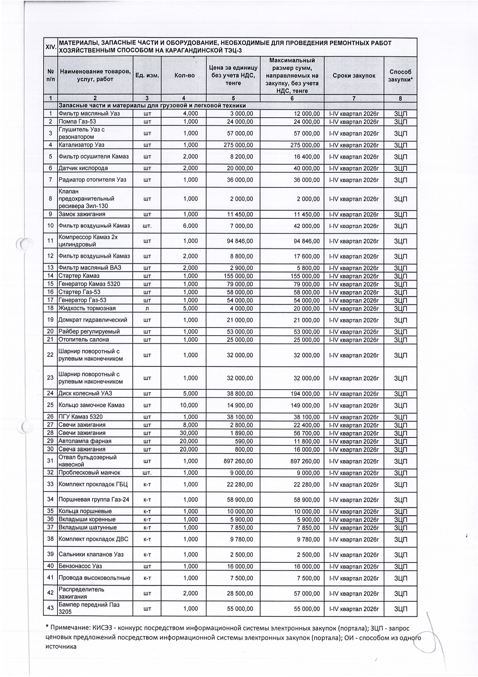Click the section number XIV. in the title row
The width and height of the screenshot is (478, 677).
click(x=50, y=47)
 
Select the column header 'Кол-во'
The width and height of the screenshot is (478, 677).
click(x=184, y=76)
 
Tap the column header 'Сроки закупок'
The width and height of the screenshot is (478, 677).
click(x=354, y=76)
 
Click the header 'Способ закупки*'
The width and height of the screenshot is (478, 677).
click(x=400, y=76)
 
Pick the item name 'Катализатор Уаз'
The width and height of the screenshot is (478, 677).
click(x=81, y=145)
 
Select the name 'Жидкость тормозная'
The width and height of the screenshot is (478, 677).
click(x=87, y=308)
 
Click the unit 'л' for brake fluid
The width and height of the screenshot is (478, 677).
click(x=147, y=308)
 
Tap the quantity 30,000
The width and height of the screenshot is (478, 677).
click(x=189, y=433)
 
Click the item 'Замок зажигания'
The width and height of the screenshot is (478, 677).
click(x=82, y=214)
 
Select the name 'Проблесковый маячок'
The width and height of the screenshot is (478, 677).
click(x=89, y=473)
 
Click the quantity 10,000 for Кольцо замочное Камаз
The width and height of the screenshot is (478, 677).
click(x=189, y=405)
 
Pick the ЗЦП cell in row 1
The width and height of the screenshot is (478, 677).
click(x=400, y=114)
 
